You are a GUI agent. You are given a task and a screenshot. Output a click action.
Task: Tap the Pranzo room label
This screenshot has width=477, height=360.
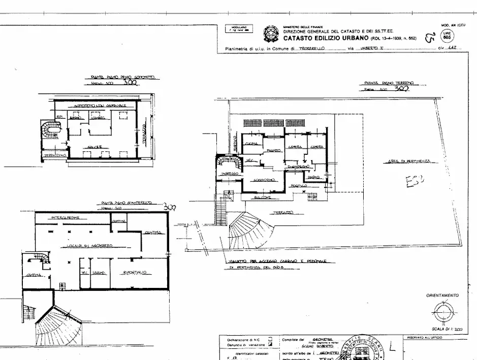pos(274,150)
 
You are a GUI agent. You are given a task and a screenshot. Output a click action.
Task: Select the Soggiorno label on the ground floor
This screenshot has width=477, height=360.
pos(264,180)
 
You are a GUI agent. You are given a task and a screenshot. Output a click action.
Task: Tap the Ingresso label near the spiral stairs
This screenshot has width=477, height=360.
pos(230,174)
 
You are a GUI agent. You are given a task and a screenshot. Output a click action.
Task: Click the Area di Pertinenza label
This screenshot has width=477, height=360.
pos(409,161)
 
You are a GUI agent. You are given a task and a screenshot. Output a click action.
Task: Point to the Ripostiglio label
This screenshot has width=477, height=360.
pos(135,273)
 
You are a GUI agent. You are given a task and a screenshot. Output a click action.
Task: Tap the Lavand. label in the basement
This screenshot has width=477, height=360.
pos(99,273)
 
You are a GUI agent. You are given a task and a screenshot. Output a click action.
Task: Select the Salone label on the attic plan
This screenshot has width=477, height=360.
pos(94,147)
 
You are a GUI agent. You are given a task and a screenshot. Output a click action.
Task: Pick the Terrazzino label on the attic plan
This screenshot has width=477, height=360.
pos(55,155)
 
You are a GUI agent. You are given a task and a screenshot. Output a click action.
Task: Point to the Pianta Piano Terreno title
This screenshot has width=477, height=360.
pos(389,82)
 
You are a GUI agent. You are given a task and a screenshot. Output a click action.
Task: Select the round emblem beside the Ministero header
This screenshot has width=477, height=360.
pos(270,34)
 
